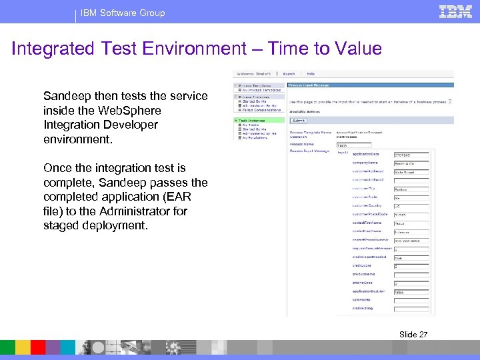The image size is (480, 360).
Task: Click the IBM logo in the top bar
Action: click(456, 11)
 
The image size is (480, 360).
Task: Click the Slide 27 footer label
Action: click(413, 334)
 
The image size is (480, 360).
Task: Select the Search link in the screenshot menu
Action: click(289, 74)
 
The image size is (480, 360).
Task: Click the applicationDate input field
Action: click(411, 154)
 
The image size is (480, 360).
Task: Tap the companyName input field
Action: click(411, 163)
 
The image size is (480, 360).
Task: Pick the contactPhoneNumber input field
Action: click(411, 240)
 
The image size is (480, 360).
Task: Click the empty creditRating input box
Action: click(411, 309)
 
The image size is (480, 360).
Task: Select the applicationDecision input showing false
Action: click(411, 291)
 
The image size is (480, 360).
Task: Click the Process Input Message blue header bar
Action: click(370, 85)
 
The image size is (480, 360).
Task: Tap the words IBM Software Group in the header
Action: click(123, 13)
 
